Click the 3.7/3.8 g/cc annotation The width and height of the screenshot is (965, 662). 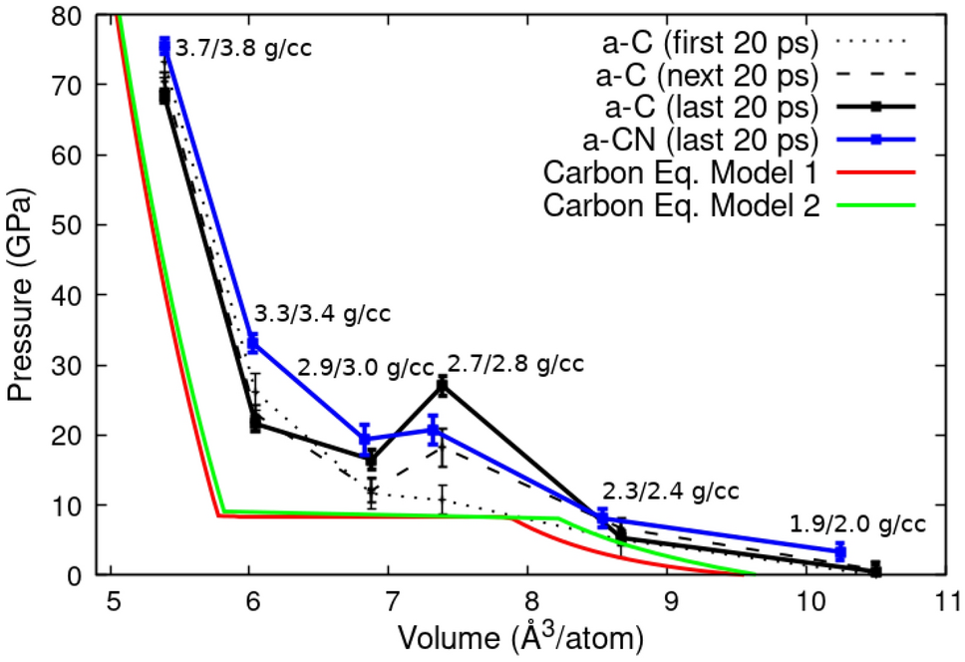(243, 48)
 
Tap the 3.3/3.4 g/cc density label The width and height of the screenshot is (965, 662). (321, 315)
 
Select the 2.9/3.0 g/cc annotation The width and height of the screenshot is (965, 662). (366, 367)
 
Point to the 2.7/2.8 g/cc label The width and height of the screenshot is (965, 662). (515, 363)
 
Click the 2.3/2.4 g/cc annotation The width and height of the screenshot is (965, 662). (670, 492)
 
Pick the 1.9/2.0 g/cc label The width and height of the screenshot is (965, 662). (857, 523)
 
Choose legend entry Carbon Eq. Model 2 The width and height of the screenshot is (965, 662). (683, 206)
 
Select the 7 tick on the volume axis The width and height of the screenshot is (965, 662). (389, 602)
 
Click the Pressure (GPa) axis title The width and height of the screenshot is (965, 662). (22, 296)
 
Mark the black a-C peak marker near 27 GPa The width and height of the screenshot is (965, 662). (443, 386)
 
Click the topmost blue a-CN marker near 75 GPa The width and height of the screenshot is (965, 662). (164, 46)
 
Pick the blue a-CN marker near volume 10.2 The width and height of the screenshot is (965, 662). (840, 551)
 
